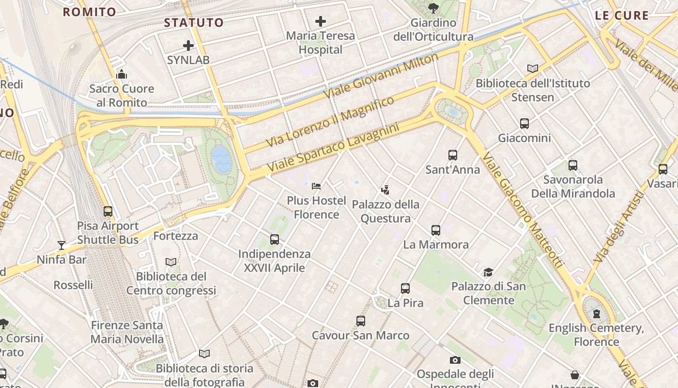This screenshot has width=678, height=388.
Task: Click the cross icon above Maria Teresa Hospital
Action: coord(320,21)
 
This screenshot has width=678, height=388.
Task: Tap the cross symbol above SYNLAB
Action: coord(188,46)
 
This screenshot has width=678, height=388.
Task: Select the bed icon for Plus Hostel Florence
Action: coord(316,186)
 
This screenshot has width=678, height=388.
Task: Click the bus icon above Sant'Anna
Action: coord(452,155)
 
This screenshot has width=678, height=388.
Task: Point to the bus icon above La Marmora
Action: coord(436,230)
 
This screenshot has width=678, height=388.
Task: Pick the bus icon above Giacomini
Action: coord(524,124)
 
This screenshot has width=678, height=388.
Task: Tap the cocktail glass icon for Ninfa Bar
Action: coord(62,245)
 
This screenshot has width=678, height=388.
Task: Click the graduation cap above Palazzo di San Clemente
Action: coord(488,272)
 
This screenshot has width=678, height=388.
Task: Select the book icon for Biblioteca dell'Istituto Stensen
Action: coord(533,69)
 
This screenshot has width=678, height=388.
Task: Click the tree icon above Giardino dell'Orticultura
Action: coord(433,8)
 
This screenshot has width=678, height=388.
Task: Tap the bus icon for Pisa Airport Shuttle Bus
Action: coord(108,211)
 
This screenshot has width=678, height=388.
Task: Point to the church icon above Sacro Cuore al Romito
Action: coord(122,74)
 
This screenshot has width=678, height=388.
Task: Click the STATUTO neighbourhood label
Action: coord(194,23)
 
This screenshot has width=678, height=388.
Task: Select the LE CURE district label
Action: coord(621,16)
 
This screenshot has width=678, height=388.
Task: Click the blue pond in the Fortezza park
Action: coord(222,160)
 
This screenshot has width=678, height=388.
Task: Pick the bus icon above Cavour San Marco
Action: coord(360,321)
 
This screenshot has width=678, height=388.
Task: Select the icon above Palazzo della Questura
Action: coord(385,190)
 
